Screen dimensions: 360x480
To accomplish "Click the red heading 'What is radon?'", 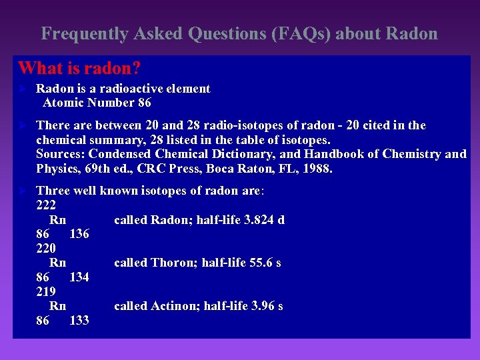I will click(x=79, y=68).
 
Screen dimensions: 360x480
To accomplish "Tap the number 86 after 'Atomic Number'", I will click(x=143, y=103).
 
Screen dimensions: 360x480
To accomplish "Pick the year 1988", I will click(x=316, y=169).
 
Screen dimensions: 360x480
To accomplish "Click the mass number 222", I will click(x=46, y=205).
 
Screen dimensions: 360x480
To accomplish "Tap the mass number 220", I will click(x=46, y=249).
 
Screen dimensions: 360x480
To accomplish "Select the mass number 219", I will click(x=46, y=292).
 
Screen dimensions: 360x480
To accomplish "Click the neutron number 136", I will click(x=79, y=234).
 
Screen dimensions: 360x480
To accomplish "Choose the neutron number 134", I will click(x=79, y=277).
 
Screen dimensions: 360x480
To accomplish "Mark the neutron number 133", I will click(x=79, y=321).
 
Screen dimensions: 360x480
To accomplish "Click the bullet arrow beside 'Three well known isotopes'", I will click(x=22, y=191).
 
